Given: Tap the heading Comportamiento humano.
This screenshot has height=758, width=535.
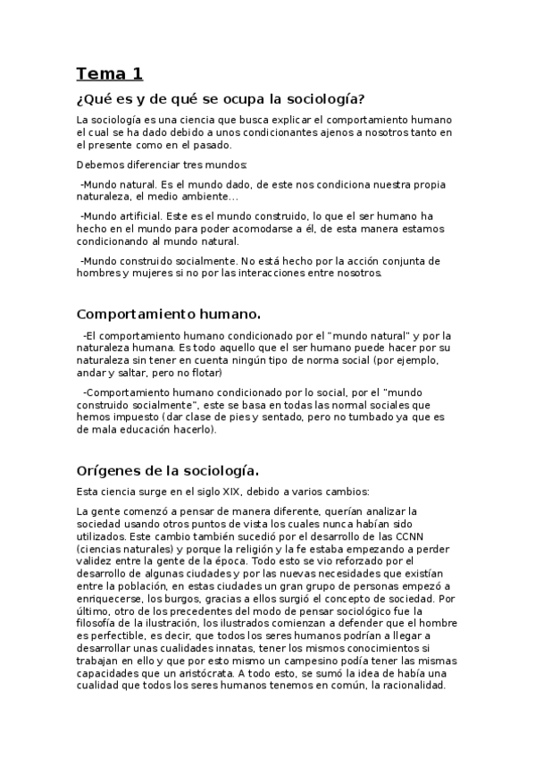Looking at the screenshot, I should (169, 314).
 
